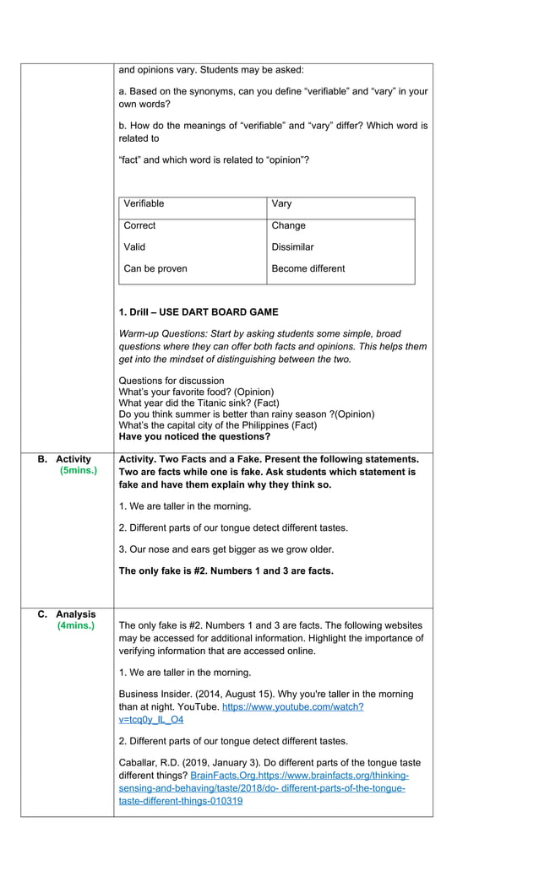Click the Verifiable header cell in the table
coord(144,203)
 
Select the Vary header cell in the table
coord(281,203)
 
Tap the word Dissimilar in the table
coord(292,247)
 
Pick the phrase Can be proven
coord(155,268)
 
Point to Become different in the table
coord(308,268)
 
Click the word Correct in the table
coord(139,225)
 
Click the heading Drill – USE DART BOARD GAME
coord(199,312)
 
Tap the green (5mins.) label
coord(79,471)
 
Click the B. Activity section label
coord(65,459)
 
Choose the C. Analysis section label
coord(67,614)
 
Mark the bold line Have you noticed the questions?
coord(194,436)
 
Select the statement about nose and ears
coord(226,549)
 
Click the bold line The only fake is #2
coord(226,571)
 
